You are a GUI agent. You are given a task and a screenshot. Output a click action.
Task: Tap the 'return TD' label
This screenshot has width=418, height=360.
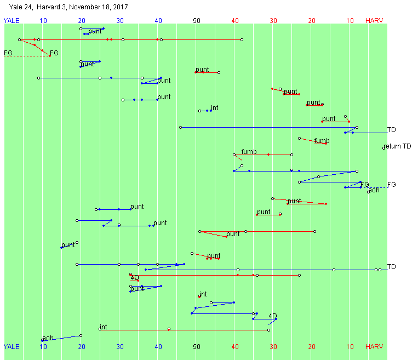[x=397, y=146]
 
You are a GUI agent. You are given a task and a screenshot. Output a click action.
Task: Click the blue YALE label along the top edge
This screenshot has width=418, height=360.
[x=12, y=21]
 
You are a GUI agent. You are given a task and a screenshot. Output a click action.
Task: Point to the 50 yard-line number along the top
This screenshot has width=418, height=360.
[x=197, y=21]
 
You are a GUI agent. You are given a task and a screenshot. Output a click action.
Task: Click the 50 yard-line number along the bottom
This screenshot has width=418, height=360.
[x=197, y=347]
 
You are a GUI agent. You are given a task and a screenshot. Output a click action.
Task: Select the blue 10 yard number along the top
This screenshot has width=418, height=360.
[x=43, y=21]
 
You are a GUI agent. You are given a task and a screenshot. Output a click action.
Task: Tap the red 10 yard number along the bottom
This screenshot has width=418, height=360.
[x=350, y=347]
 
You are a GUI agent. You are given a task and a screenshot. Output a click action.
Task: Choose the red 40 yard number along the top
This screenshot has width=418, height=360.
[x=235, y=21]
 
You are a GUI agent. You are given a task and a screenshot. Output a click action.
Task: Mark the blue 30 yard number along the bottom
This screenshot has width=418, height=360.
[x=120, y=347]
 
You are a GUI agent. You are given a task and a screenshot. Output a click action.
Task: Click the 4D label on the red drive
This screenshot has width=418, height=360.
[x=135, y=278]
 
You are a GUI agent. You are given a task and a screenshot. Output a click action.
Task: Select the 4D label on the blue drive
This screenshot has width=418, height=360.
[x=273, y=316]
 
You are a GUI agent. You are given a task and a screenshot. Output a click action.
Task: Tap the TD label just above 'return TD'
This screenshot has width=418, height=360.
[x=391, y=130]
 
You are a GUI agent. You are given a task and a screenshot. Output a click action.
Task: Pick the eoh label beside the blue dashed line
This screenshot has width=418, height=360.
[x=374, y=191]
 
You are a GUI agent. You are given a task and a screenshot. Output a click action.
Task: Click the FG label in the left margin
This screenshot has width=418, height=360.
[x=8, y=53]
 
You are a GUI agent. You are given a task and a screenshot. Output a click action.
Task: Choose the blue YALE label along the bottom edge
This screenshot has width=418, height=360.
[x=12, y=347]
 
